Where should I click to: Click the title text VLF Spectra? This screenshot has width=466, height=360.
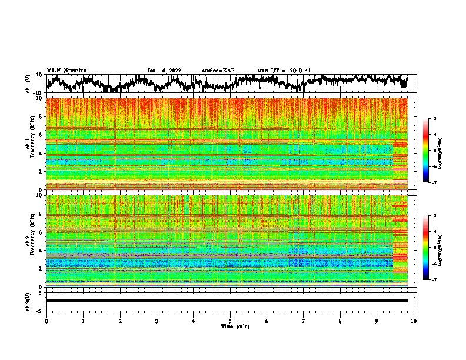tap(66, 70)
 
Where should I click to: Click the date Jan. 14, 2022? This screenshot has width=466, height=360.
tap(164, 71)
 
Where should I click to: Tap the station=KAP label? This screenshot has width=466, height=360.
tap(218, 71)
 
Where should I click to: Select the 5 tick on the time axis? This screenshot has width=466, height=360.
tap(230, 321)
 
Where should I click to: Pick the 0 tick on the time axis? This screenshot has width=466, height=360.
tap(46, 321)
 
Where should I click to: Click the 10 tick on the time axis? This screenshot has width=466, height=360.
tap(414, 321)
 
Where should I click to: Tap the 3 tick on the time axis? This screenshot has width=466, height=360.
tap(157, 321)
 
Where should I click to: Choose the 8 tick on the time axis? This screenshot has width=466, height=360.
tap(340, 321)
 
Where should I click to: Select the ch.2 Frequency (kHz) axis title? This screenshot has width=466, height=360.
tap(29, 240)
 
